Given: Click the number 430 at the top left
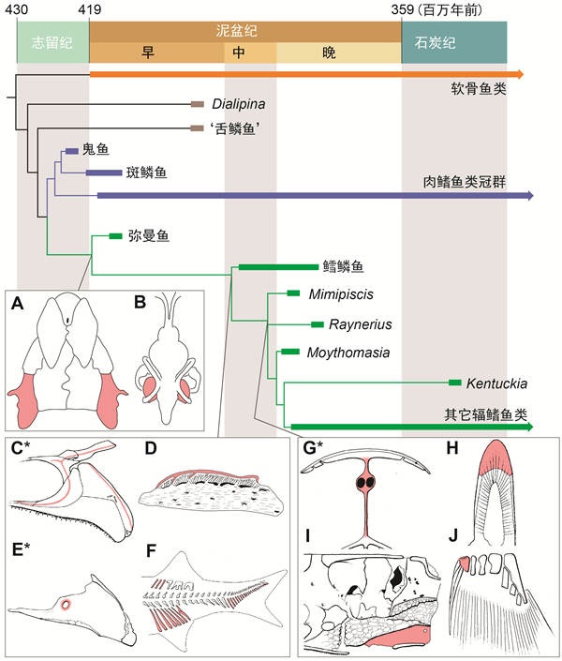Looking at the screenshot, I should click(17, 8).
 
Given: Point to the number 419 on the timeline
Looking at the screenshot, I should click(90, 8).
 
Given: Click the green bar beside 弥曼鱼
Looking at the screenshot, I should click(116, 235).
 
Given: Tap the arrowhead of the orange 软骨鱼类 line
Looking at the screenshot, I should click(527, 72).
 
